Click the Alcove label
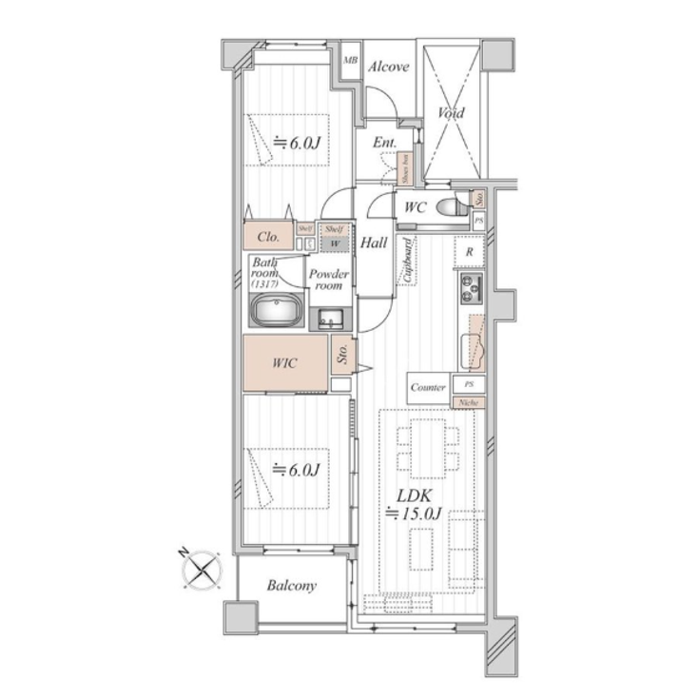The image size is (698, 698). click(388, 67)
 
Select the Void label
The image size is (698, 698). click(451, 113)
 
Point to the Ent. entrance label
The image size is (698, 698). click(384, 144)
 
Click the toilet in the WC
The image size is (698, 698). click(446, 208)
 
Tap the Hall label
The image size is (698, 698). click(374, 242)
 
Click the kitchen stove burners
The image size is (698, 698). click(472, 284)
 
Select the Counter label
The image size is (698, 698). click(429, 387)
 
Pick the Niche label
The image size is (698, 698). click(468, 403)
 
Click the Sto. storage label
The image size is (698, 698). click(342, 357)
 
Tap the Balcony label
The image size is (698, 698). click(291, 586)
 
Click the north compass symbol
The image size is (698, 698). click(202, 570)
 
